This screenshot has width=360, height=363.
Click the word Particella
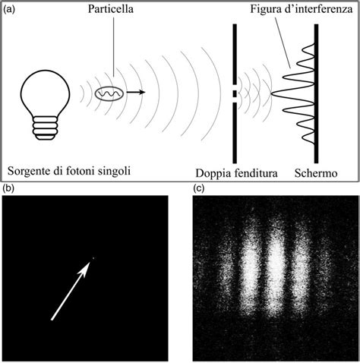tap(111, 9)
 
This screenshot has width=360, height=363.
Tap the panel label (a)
tap(9, 9)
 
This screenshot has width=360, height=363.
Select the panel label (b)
tap(9, 188)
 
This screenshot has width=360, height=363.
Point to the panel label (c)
tap(199, 188)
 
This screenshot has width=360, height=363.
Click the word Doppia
tap(213, 173)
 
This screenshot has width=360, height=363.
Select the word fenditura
tap(256, 173)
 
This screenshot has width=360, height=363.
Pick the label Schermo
tap(316, 173)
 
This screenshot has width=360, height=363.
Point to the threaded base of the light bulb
tap(45, 128)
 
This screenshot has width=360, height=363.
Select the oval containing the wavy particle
tap(109, 93)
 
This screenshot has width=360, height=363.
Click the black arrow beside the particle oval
tap(136, 92)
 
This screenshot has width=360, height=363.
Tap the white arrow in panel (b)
tap(70, 291)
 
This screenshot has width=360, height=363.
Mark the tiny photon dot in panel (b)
tap(93, 258)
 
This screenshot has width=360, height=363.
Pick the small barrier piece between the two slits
tap(235, 93)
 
